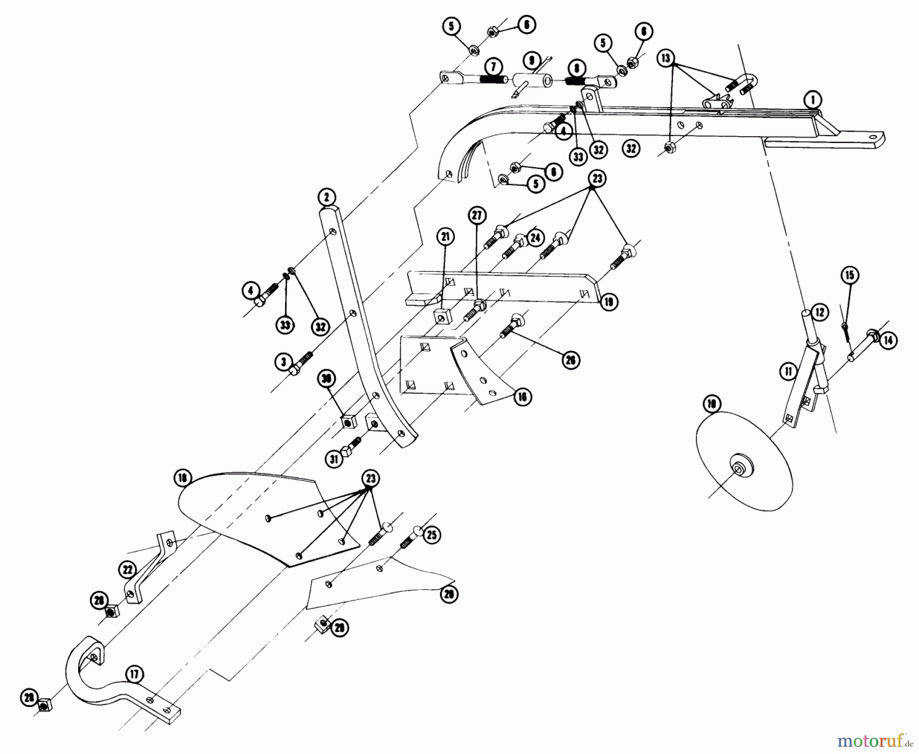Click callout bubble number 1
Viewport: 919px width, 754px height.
click(x=811, y=100)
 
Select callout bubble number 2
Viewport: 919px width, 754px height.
click(x=326, y=197)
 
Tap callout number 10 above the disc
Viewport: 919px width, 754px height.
click(x=711, y=405)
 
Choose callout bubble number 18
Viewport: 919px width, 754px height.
click(x=183, y=479)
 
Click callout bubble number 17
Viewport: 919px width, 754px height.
click(x=134, y=675)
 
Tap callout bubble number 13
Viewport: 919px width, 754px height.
click(x=665, y=58)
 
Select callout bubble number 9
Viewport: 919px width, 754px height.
click(x=532, y=61)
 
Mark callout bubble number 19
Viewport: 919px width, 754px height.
click(x=609, y=301)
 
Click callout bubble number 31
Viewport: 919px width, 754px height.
click(x=334, y=459)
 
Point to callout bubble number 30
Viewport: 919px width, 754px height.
click(x=327, y=379)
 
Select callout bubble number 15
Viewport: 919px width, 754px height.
click(x=850, y=275)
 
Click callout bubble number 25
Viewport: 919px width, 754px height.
click(x=431, y=535)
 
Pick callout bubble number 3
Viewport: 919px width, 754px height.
click(x=283, y=362)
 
